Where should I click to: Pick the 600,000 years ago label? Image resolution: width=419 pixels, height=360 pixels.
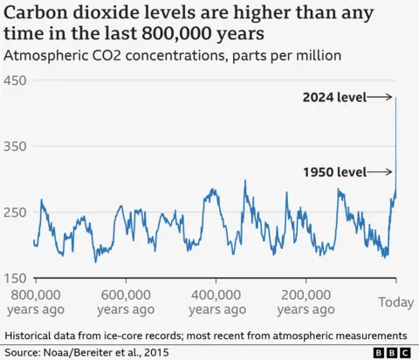[124, 301]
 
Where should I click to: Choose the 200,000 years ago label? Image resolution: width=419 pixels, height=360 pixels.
[305, 301]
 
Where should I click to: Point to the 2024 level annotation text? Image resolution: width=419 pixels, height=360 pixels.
[333, 97]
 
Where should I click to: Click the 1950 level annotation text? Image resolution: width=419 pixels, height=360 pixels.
[333, 172]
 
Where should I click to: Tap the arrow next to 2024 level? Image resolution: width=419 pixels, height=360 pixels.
[380, 97]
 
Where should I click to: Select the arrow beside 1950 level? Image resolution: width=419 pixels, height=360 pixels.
[380, 172]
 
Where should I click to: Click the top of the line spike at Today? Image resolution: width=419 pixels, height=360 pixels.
[396, 98]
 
